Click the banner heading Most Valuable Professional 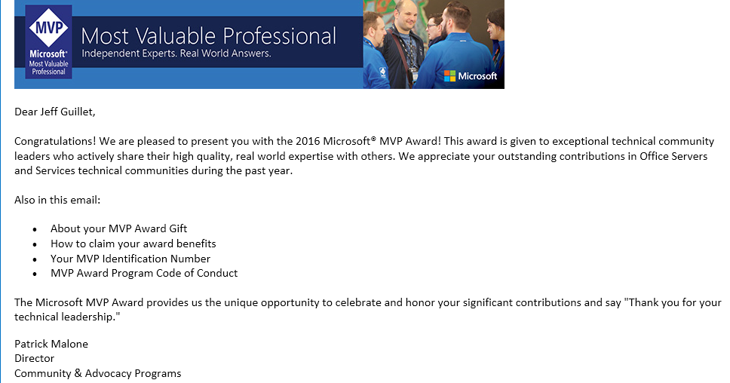click(x=208, y=35)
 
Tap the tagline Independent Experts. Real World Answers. click(x=176, y=54)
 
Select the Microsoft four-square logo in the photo click(x=450, y=75)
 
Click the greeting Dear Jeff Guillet click(x=55, y=112)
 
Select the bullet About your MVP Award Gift click(x=118, y=228)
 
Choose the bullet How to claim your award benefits click(x=133, y=244)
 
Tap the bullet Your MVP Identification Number click(x=130, y=259)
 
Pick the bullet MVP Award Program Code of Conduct click(x=143, y=273)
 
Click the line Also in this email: click(x=57, y=200)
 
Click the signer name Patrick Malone click(x=51, y=344)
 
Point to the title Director click(x=34, y=358)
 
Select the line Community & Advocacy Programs click(x=97, y=373)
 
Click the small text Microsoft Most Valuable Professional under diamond click(x=48, y=63)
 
